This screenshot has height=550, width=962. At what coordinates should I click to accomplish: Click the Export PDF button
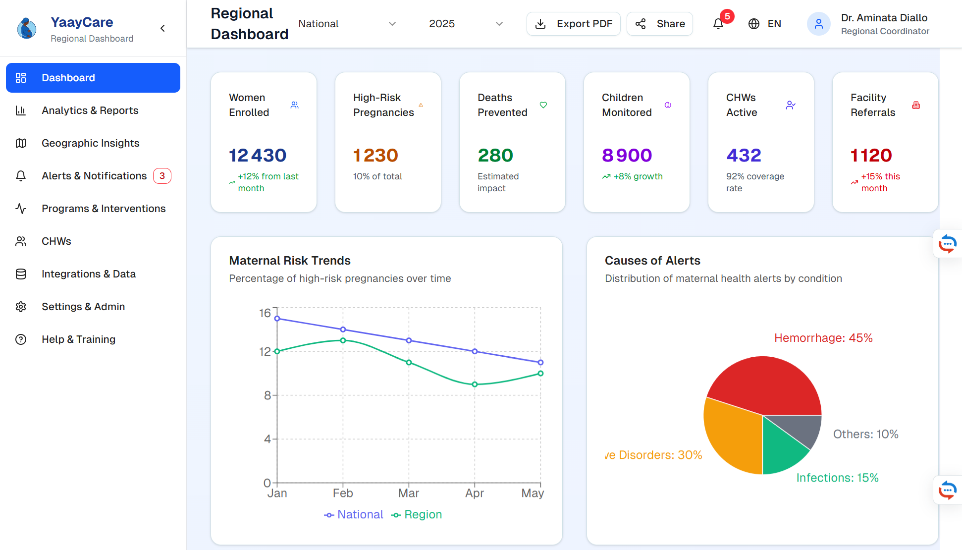tap(573, 24)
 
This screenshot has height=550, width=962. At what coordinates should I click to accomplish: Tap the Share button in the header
tap(659, 24)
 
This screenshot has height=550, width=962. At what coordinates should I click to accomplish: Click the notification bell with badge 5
tap(718, 24)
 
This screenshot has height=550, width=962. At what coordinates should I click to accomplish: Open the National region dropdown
tap(347, 24)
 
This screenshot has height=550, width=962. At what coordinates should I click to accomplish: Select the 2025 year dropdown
tap(466, 24)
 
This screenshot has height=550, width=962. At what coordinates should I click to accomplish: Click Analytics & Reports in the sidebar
tap(90, 110)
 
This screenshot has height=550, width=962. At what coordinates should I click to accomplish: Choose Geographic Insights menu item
tap(90, 143)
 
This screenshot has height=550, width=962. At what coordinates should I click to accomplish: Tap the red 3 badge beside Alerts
tap(162, 176)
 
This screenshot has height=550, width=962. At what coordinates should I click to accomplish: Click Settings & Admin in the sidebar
tap(83, 307)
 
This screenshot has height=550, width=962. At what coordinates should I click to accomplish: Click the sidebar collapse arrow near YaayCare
tap(162, 28)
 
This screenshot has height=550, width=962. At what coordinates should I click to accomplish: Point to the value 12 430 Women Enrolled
tap(258, 156)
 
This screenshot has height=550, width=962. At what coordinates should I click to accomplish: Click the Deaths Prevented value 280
tap(495, 156)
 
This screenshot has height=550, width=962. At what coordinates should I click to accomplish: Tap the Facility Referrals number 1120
tap(871, 156)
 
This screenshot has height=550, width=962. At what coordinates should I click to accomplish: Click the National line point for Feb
tap(343, 330)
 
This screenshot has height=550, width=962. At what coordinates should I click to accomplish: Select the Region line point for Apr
tap(475, 385)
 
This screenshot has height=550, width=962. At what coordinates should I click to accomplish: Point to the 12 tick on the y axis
tap(265, 352)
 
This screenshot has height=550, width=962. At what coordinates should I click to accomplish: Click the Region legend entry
tap(417, 515)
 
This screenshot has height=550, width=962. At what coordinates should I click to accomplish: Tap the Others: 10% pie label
tap(865, 435)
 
